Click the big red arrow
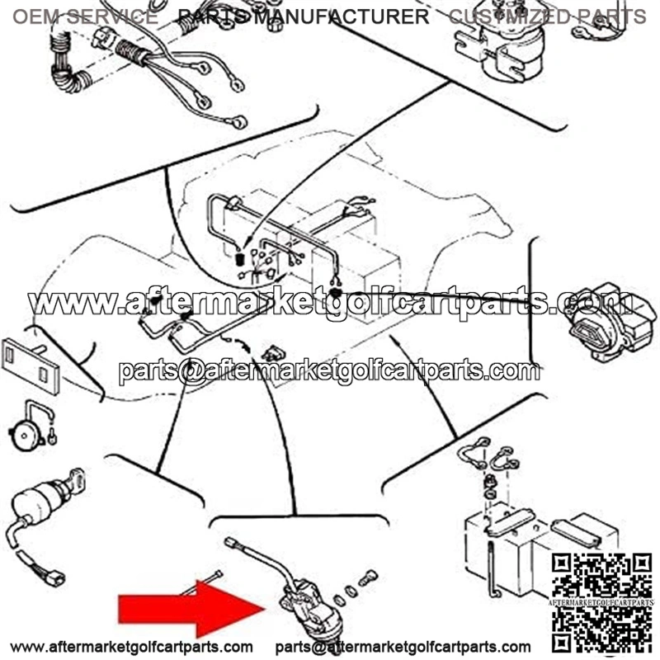pyautogui.click(x=191, y=609)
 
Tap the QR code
pyautogui.click(x=601, y=602)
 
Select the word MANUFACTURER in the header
pyautogui.click(x=342, y=16)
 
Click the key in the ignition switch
pyautogui.click(x=76, y=480)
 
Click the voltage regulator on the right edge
pyautogui.click(x=610, y=322)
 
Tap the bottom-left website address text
pyautogui.click(x=131, y=646)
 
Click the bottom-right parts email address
pyautogui.click(x=403, y=646)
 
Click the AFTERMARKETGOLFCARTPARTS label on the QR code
pyautogui.click(x=601, y=603)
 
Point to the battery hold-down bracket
pyautogui.click(x=511, y=521)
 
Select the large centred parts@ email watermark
pyautogui.click(x=329, y=370)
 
